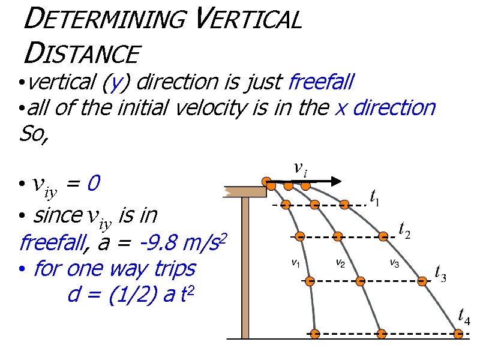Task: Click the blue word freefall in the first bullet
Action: (x=322, y=80)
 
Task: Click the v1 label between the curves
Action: (x=296, y=262)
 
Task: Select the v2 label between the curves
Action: (x=340, y=262)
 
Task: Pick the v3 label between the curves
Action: (x=394, y=262)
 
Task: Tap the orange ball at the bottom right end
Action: (x=459, y=334)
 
